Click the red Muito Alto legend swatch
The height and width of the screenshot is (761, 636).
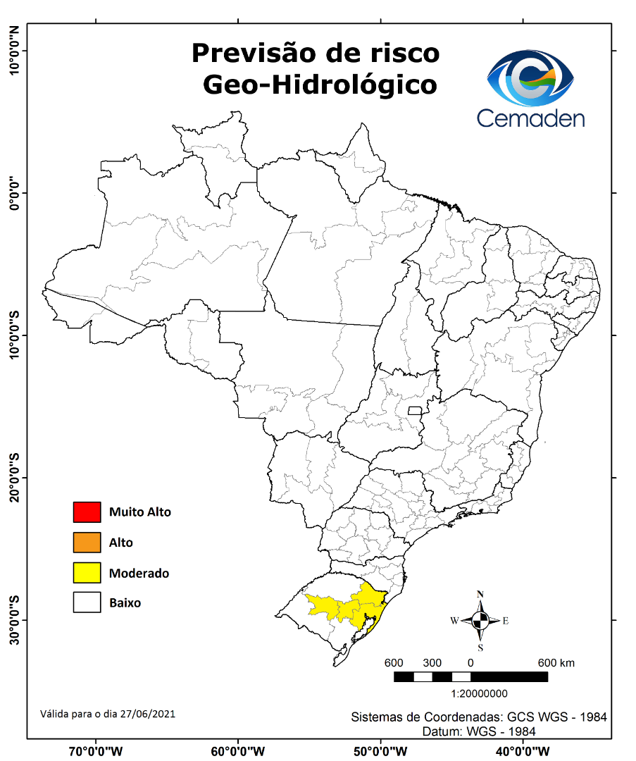86,512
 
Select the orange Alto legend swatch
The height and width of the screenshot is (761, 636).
86,543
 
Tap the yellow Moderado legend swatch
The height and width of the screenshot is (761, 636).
86,573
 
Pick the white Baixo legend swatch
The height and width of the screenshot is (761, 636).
86,603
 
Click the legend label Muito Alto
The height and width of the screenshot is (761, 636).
139,512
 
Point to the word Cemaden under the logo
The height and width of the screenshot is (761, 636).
530,117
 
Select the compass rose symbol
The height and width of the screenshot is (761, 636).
480,621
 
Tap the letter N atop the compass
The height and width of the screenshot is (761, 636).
480,594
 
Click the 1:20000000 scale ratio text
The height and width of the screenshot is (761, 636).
470,693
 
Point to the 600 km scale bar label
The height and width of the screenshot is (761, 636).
556,663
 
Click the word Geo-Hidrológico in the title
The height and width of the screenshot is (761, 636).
319,85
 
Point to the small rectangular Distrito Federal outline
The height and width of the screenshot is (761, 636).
415,410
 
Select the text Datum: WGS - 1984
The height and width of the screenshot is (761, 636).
479,731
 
